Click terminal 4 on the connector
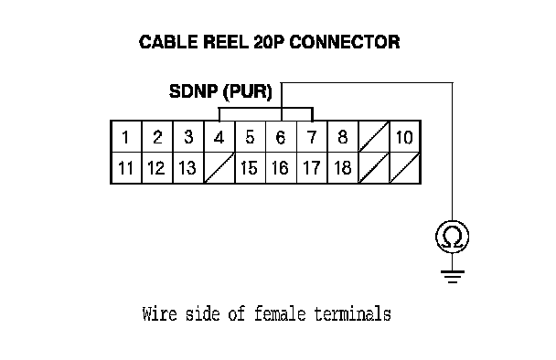pos(219,137)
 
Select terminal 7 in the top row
pos(312,137)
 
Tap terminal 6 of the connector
pos(281,137)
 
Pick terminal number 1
pos(126,137)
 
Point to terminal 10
pos(404,137)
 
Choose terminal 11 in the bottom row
pos(126,168)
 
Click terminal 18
pos(343,168)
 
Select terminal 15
pos(250,168)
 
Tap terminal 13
pos(188,168)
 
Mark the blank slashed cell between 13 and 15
pos(219,168)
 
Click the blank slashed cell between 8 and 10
pos(374,137)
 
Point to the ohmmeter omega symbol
pos(453,237)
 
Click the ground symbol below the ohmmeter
pos(453,276)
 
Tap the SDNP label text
pos(193,91)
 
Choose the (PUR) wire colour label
pos(248,91)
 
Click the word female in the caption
pos(280,314)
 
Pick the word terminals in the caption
pos(352,314)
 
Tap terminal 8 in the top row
pos(343,137)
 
